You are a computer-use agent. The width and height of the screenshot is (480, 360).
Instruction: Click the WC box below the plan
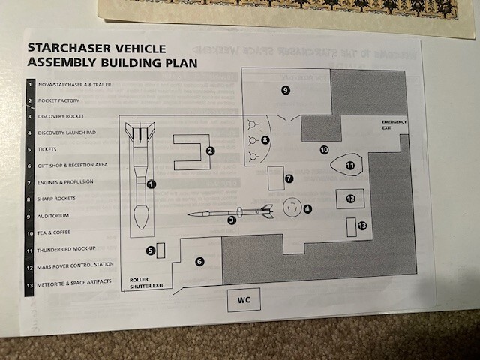(x=244, y=299)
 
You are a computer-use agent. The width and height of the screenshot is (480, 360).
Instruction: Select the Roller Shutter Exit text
(x=146, y=281)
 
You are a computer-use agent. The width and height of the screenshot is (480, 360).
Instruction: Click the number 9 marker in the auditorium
(x=285, y=90)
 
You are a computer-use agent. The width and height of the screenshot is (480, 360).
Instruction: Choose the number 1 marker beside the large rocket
(x=151, y=184)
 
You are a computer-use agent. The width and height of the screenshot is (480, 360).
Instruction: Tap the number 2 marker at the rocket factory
(x=211, y=151)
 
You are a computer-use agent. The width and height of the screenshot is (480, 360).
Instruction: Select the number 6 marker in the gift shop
(x=199, y=261)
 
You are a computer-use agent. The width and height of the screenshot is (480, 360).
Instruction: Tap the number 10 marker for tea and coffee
(x=324, y=150)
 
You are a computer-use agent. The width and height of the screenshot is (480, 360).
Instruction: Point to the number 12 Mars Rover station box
(x=350, y=199)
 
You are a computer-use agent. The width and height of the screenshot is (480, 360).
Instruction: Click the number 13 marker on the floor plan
(x=363, y=226)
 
